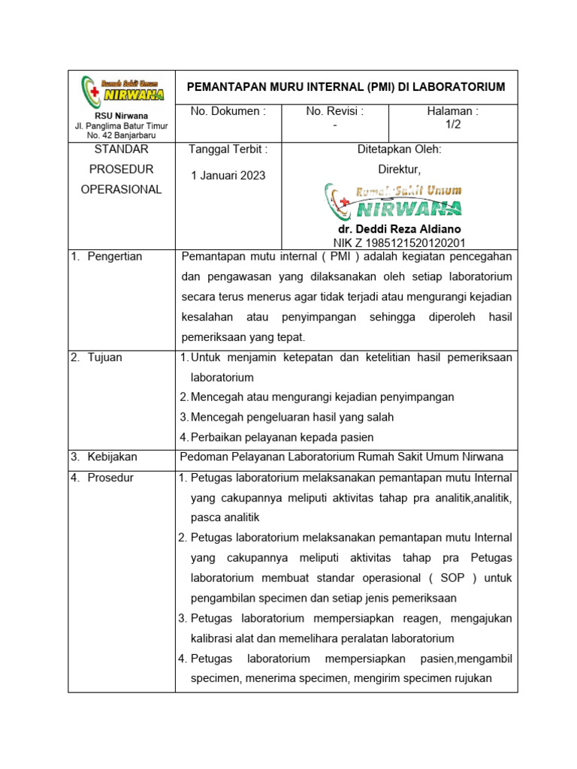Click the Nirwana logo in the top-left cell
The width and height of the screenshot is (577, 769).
pyautogui.click(x=122, y=91)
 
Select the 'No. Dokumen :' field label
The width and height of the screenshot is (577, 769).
pyautogui.click(x=228, y=112)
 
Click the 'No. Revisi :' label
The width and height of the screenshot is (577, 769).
pyautogui.click(x=334, y=112)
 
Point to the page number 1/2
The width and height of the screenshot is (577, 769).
pyautogui.click(x=452, y=125)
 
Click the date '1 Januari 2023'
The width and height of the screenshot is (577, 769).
pyautogui.click(x=228, y=176)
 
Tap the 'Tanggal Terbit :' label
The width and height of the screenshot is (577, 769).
pyautogui.click(x=228, y=149)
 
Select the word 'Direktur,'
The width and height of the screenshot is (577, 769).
pyautogui.click(x=398, y=170)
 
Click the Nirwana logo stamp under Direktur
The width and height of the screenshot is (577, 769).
pyautogui.click(x=394, y=201)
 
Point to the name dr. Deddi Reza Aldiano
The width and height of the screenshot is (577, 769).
pyautogui.click(x=399, y=229)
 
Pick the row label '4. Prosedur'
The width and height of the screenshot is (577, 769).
pyautogui.click(x=102, y=478)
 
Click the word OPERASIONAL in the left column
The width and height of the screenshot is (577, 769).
pyautogui.click(x=121, y=189)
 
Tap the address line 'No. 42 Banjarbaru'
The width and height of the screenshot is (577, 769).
pyautogui.click(x=121, y=136)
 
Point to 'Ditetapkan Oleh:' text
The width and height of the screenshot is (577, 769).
pyautogui.click(x=398, y=149)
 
